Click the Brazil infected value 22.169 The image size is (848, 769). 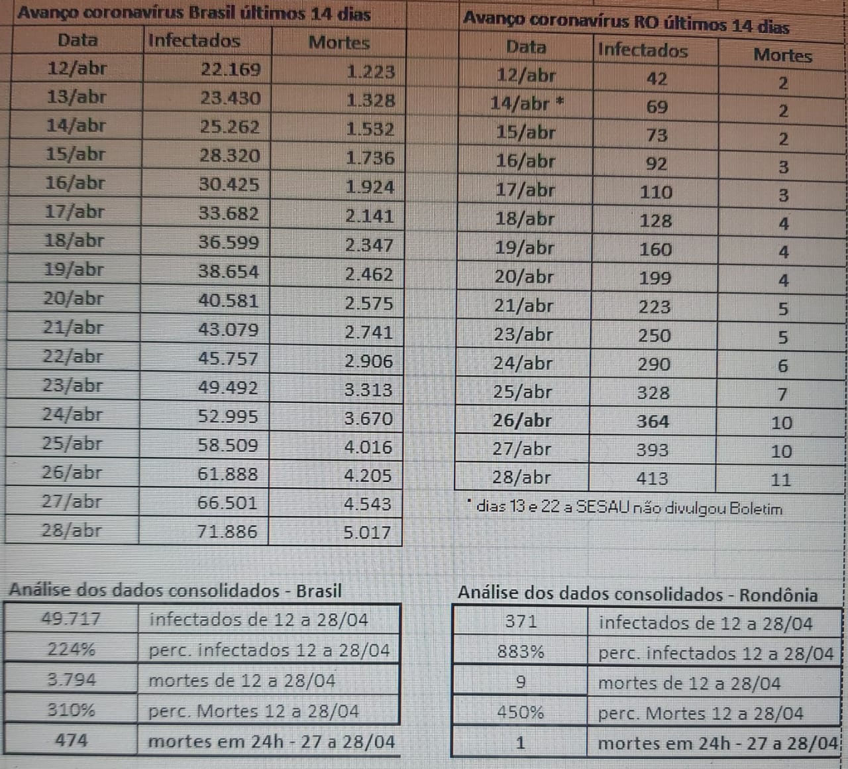(231, 70)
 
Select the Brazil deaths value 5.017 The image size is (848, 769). (367, 532)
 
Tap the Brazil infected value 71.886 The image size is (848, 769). (227, 532)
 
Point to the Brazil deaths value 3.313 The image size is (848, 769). (368, 390)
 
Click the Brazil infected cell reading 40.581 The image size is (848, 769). (229, 300)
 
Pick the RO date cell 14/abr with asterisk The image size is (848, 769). (527, 104)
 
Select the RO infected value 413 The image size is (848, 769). (652, 478)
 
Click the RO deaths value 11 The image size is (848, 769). (781, 480)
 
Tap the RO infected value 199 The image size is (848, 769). (655, 278)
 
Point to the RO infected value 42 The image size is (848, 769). (657, 79)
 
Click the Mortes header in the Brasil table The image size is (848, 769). (339, 42)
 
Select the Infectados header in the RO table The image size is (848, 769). (643, 50)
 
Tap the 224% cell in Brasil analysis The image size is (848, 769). (71, 649)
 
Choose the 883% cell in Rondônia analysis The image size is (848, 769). (521, 652)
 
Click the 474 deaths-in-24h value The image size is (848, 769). (71, 740)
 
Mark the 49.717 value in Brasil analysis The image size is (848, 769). (71, 619)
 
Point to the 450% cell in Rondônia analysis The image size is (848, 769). (521, 713)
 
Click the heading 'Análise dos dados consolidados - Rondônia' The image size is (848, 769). (637, 594)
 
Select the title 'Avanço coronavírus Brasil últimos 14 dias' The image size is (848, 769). (194, 13)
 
